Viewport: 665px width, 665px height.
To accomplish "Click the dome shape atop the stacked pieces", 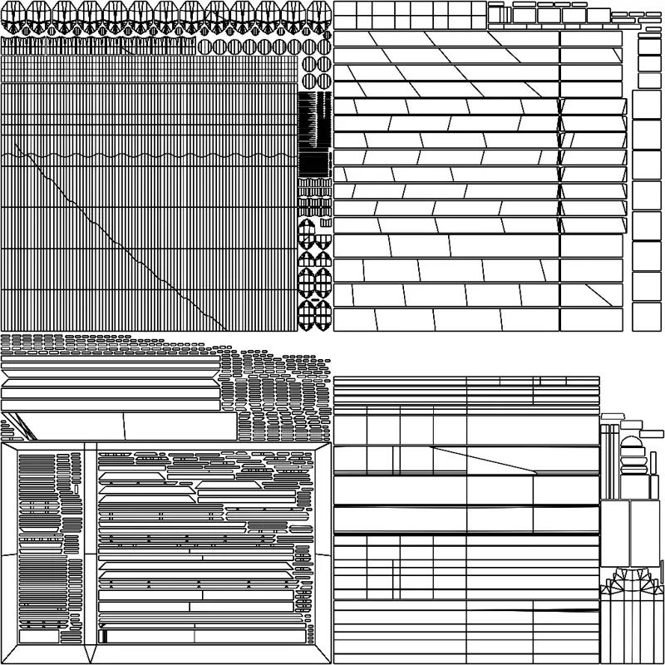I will (629, 441).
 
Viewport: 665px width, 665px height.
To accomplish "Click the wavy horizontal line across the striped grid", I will (150, 155).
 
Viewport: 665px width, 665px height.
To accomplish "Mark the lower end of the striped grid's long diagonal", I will (224, 329).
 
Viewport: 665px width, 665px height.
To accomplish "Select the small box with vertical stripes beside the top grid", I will (495, 14).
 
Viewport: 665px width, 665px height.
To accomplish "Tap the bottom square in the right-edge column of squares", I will (646, 316).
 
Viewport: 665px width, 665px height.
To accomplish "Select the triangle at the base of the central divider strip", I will (91, 653).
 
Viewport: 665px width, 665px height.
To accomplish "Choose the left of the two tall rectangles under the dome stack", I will (614, 532).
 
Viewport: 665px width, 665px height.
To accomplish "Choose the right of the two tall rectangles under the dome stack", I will (642, 532).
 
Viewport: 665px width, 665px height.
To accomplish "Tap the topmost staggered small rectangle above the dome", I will (616, 413).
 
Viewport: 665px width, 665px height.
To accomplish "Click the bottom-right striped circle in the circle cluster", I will (324, 81).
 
